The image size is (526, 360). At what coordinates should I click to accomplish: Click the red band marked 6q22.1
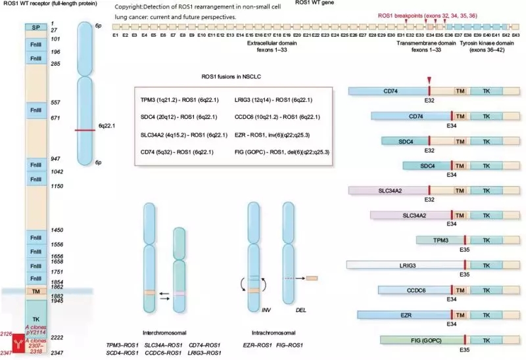pos(85,130)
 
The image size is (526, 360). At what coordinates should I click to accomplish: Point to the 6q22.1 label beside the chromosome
pos(107,124)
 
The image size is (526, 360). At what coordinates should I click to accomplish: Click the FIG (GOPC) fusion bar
pos(421,340)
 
